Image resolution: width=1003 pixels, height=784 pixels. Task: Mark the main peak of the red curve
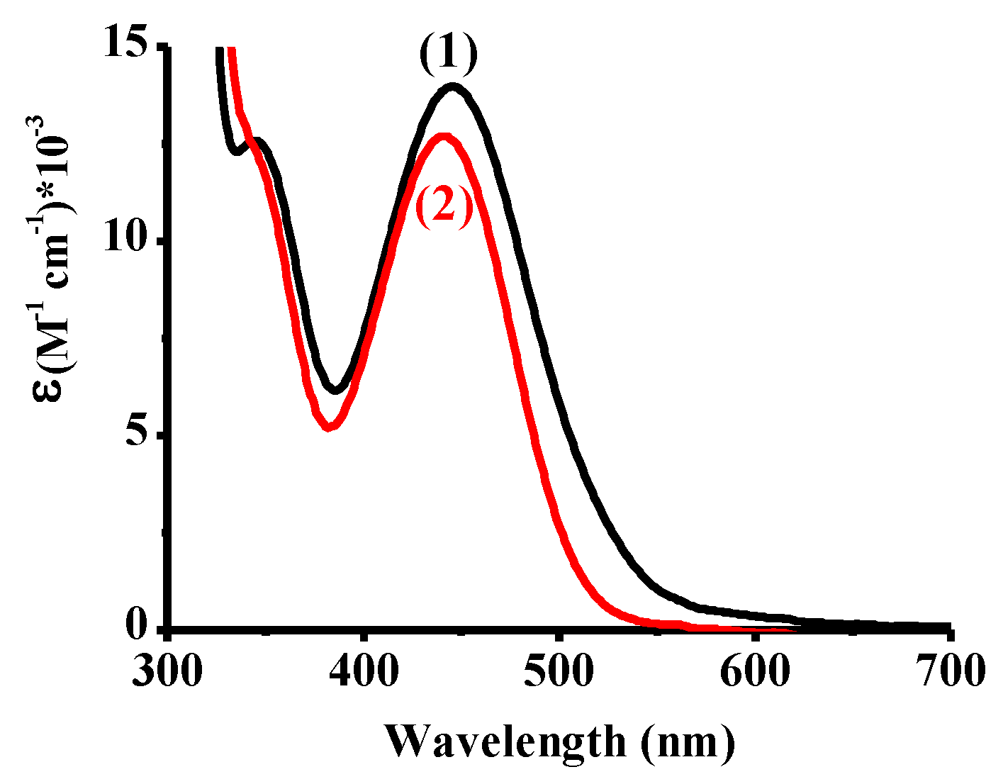444,136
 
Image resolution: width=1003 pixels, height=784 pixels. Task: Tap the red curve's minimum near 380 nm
328,427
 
